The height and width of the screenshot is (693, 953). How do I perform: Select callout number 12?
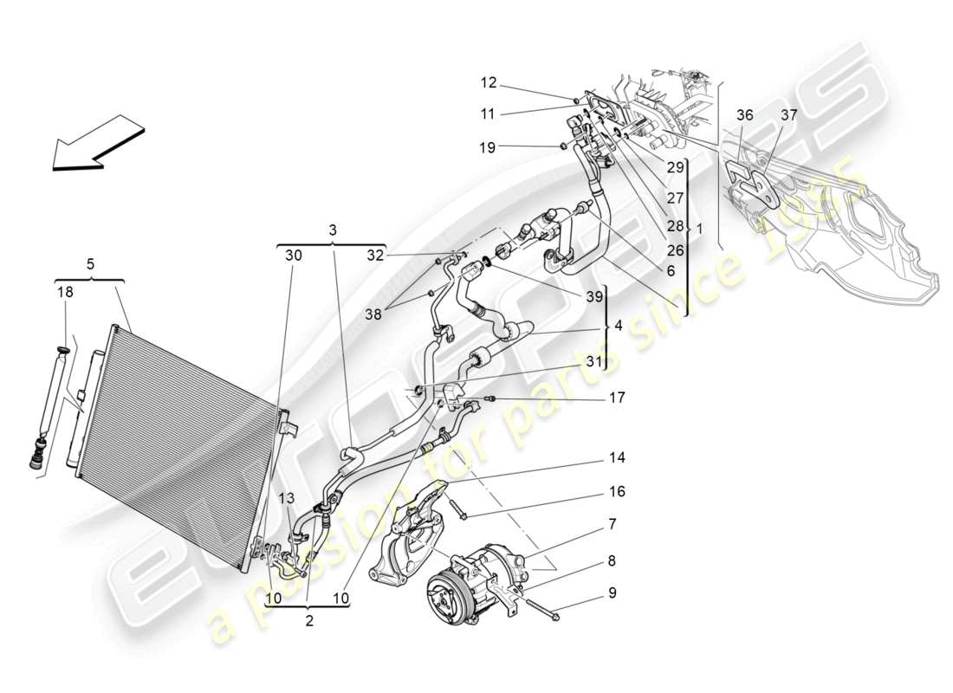pos(489,83)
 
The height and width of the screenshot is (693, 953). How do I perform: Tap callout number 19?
pos(487,148)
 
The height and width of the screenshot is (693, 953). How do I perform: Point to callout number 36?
pos(745,115)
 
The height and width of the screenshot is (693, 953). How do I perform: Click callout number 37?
pos(788,115)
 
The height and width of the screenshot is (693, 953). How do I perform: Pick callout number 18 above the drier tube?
pos(66,293)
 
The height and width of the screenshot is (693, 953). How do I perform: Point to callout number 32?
pos(374,256)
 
